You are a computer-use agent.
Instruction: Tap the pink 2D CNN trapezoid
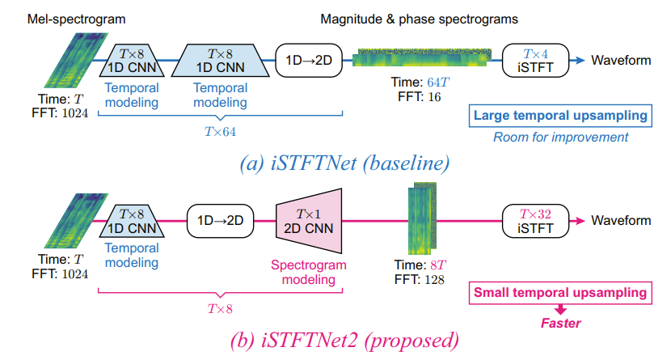[311, 219]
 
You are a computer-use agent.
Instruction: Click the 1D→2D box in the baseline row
[309, 59]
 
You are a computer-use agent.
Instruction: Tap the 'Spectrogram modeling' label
[308, 272]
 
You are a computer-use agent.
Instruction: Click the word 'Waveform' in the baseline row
[621, 60]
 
